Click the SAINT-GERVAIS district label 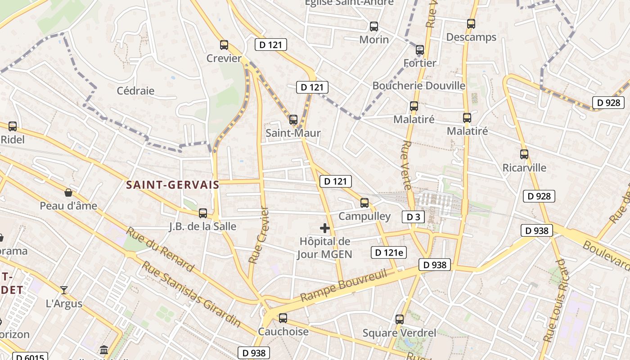(x=173, y=184)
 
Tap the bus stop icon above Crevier (x=224, y=45)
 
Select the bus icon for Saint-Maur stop (x=293, y=120)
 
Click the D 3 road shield (x=413, y=217)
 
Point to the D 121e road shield (x=389, y=252)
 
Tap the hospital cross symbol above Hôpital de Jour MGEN (x=325, y=228)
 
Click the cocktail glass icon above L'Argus (x=64, y=290)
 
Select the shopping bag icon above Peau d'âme (x=68, y=193)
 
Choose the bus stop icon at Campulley (x=364, y=203)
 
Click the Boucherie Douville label (x=419, y=85)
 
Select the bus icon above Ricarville (x=524, y=154)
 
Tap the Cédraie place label (x=135, y=90)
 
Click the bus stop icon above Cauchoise (x=283, y=318)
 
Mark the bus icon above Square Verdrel (x=400, y=319)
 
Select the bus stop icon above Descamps (x=471, y=24)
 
